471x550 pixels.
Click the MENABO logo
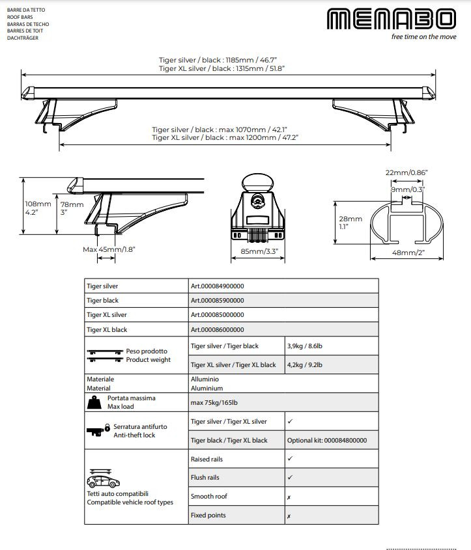[x=391, y=19]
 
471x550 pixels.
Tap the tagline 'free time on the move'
[x=423, y=37]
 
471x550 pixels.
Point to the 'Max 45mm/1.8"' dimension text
[x=109, y=249]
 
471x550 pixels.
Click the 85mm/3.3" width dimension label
[x=258, y=250]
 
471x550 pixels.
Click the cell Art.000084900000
[x=217, y=286]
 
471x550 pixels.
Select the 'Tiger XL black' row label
[x=107, y=330]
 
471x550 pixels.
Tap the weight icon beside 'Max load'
[x=94, y=402]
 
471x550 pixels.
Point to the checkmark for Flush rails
[x=290, y=477]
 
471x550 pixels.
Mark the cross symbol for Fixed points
[x=289, y=516]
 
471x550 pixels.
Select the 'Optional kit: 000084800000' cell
[x=327, y=440]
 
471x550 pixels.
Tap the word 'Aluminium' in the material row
[x=207, y=388]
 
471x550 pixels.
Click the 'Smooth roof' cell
[x=208, y=496]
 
